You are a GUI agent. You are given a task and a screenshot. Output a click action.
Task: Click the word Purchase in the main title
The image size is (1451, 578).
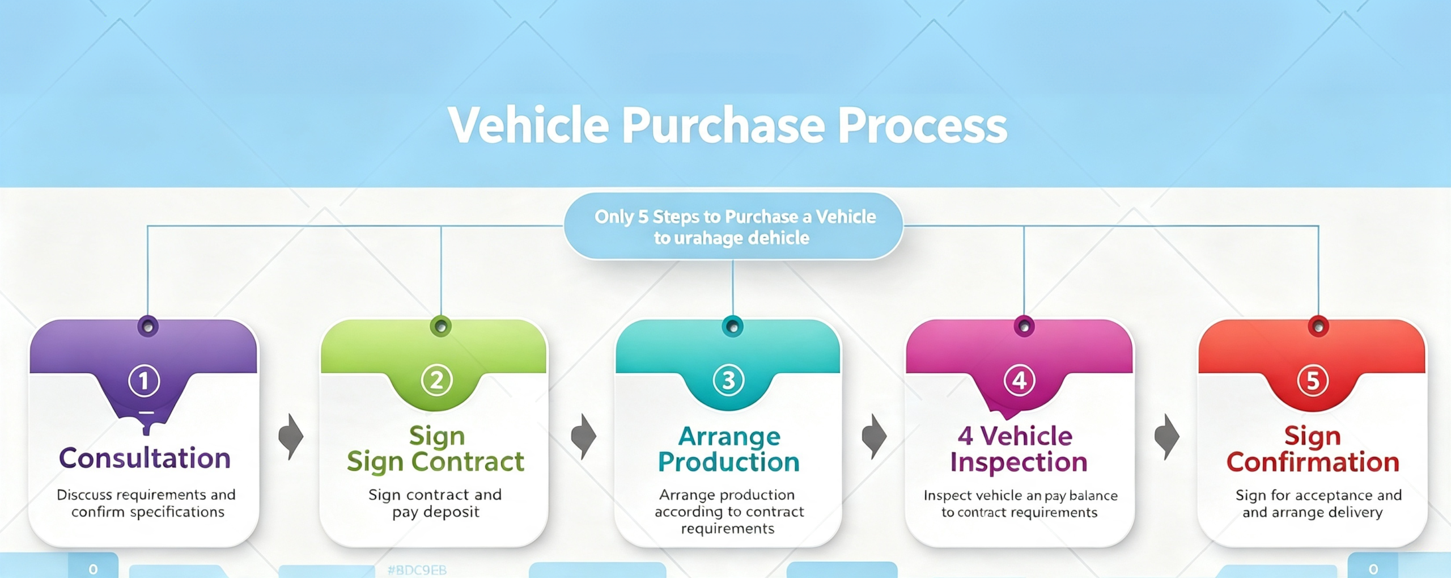click(723, 126)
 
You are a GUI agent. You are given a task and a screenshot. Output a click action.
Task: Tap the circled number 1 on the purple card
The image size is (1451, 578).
click(144, 381)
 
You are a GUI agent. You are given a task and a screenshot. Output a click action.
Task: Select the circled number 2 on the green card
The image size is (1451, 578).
click(436, 380)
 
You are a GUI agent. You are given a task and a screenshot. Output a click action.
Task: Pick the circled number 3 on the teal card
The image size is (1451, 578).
click(728, 380)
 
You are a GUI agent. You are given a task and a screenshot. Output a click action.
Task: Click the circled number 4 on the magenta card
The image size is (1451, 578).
click(1019, 380)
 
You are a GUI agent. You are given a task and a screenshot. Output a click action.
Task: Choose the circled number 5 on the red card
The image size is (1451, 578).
click(1313, 381)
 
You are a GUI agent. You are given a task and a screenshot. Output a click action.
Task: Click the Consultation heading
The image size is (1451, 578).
click(145, 458)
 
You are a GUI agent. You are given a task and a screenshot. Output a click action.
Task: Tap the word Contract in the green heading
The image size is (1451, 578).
click(468, 462)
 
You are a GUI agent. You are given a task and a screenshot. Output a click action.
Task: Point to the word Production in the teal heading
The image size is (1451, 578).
click(728, 462)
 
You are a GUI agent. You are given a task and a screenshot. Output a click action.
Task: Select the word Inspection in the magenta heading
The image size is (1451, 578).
click(1019, 462)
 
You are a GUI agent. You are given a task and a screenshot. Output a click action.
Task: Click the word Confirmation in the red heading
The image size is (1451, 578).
click(1313, 462)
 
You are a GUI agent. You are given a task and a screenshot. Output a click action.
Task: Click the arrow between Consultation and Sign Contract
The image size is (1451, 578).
click(291, 437)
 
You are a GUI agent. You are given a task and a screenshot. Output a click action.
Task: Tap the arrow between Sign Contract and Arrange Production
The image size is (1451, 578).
click(583, 437)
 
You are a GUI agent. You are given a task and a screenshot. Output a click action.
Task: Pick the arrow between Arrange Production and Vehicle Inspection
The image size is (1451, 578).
click(874, 437)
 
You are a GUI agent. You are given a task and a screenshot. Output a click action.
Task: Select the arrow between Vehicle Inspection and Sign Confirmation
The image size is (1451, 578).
click(1167, 437)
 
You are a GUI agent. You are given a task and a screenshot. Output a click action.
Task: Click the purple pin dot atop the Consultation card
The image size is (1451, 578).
click(148, 326)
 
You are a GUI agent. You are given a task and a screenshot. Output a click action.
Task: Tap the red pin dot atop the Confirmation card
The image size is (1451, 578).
click(1318, 326)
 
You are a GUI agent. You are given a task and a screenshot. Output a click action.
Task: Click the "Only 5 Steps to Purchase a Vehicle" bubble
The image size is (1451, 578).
click(733, 226)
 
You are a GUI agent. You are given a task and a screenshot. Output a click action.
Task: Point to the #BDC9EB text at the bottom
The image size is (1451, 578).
click(417, 570)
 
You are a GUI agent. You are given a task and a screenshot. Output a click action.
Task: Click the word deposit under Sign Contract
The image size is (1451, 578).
click(451, 512)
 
